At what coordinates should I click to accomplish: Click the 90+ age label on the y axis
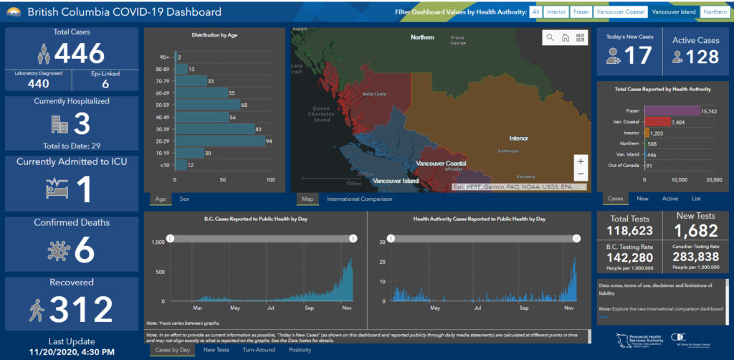(x=164, y=57)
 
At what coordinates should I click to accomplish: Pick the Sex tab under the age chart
(x=184, y=199)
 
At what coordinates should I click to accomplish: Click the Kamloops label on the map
(x=510, y=151)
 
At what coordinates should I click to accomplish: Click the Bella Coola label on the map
(x=374, y=94)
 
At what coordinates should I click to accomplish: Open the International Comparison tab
(x=359, y=199)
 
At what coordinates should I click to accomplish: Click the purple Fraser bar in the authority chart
(x=672, y=110)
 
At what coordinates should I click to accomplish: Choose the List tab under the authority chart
(x=696, y=199)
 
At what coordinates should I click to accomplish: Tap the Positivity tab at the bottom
(x=300, y=350)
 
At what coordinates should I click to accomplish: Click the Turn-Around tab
(x=258, y=350)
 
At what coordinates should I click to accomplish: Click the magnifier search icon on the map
(x=550, y=37)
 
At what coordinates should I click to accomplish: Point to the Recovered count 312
(x=81, y=309)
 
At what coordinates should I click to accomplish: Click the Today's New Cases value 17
(x=639, y=56)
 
